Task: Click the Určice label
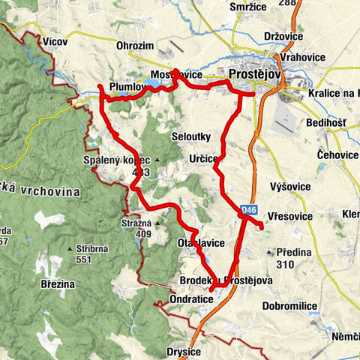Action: [204, 159]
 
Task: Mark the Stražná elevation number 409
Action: [132, 233]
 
